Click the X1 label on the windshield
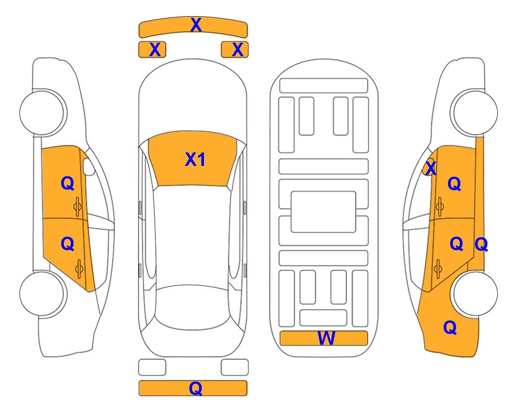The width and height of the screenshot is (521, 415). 195,159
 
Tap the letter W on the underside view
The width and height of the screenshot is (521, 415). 326,338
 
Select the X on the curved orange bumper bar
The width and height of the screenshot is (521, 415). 196,25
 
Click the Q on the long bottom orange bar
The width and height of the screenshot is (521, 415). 195,388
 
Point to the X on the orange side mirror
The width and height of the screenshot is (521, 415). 431,168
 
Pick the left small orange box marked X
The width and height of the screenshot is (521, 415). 152,50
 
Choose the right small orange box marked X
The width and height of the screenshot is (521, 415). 235,50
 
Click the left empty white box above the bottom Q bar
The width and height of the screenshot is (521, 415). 152,367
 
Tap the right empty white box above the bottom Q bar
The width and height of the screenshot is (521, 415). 235,367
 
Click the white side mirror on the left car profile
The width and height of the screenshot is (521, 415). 89,166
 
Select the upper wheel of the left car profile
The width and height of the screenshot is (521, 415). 42,112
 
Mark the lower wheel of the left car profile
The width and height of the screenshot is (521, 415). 42,293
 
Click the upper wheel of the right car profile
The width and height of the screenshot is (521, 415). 474,112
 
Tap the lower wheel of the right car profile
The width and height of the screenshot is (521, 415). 474,293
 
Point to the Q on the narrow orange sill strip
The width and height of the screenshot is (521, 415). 481,245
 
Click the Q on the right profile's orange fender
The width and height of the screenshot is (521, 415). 450,327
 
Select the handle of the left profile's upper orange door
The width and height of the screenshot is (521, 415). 77,207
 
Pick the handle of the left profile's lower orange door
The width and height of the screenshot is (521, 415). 79,269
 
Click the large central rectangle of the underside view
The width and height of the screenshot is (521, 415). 324,212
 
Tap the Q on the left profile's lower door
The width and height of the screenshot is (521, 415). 68,244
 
